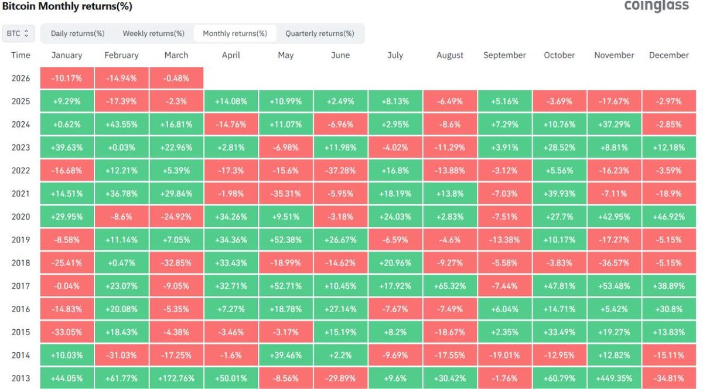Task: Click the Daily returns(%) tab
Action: (77, 33)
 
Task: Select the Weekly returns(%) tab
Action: (153, 33)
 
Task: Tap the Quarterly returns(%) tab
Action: (320, 33)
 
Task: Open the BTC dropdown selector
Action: (18, 33)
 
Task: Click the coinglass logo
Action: (656, 6)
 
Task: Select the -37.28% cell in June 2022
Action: (340, 170)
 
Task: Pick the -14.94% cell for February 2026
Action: (121, 78)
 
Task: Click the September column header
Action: (504, 55)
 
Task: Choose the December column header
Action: (668, 55)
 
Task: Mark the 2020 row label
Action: (21, 217)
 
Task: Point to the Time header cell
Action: (21, 55)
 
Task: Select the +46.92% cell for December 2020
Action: (668, 217)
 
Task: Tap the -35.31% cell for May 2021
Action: (286, 193)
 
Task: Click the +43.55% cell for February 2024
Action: (121, 124)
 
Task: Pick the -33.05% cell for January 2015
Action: (67, 332)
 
